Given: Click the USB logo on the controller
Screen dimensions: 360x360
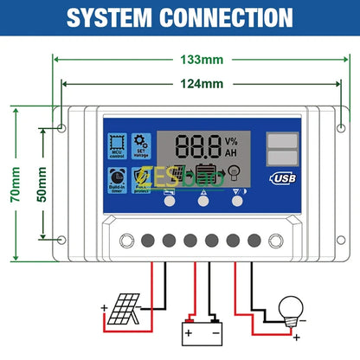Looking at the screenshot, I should (x=283, y=178).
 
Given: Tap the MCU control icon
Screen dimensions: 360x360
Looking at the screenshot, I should (x=117, y=145).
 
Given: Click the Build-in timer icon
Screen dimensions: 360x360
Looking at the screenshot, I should (x=117, y=179).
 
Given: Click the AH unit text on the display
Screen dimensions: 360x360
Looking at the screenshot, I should (x=231, y=152).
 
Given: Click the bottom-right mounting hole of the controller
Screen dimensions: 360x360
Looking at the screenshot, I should (x=323, y=239).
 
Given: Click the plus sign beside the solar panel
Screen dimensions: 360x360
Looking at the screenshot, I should (x=105, y=307).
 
